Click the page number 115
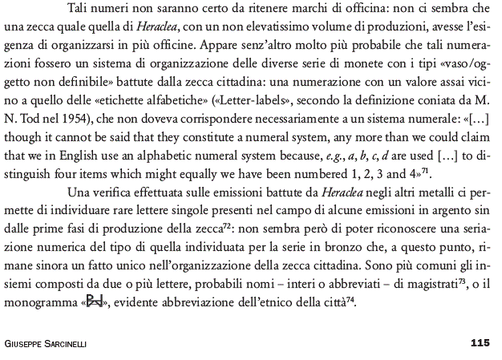(480, 342)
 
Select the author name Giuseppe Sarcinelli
(47, 343)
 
